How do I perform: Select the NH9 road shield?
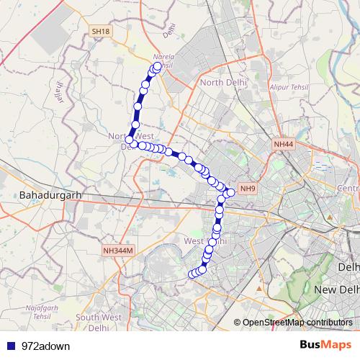248,189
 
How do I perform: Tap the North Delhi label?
223,83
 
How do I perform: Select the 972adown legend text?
45,345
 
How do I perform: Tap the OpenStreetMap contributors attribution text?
297,323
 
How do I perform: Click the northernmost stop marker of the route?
157,67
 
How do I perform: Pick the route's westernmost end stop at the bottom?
192,274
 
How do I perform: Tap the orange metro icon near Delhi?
329,215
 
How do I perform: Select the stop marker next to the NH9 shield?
232,192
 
